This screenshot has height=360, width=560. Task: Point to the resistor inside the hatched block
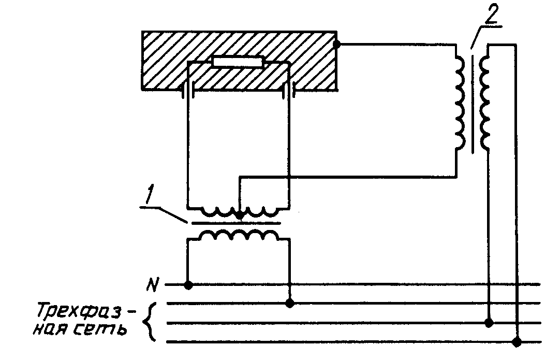tap(238, 63)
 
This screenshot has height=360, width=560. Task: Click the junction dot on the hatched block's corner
tap(337, 45)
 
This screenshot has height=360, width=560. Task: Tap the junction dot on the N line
tap(188, 285)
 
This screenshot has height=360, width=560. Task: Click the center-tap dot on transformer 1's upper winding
tap(239, 214)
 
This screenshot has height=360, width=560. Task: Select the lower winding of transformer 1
tap(239, 236)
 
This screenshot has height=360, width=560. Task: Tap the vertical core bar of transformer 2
tap(471, 101)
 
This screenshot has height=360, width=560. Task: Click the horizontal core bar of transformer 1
tap(235, 223)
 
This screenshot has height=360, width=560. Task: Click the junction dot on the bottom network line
tap(516, 341)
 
